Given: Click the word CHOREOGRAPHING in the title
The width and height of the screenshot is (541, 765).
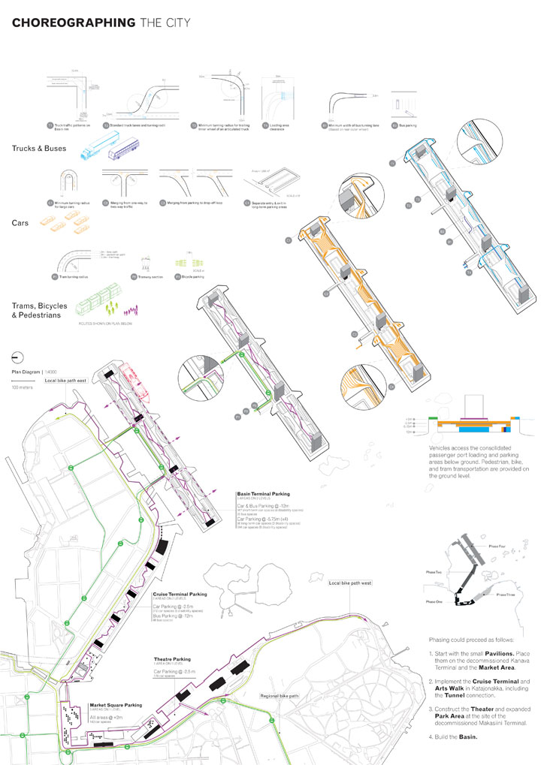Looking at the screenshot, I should [x=74, y=23].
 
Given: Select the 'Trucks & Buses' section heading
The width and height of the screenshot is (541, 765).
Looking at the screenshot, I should [x=39, y=148].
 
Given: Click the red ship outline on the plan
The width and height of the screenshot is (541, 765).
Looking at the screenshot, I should [x=137, y=379].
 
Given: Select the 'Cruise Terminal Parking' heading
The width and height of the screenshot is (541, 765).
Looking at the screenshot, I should [x=180, y=594].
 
